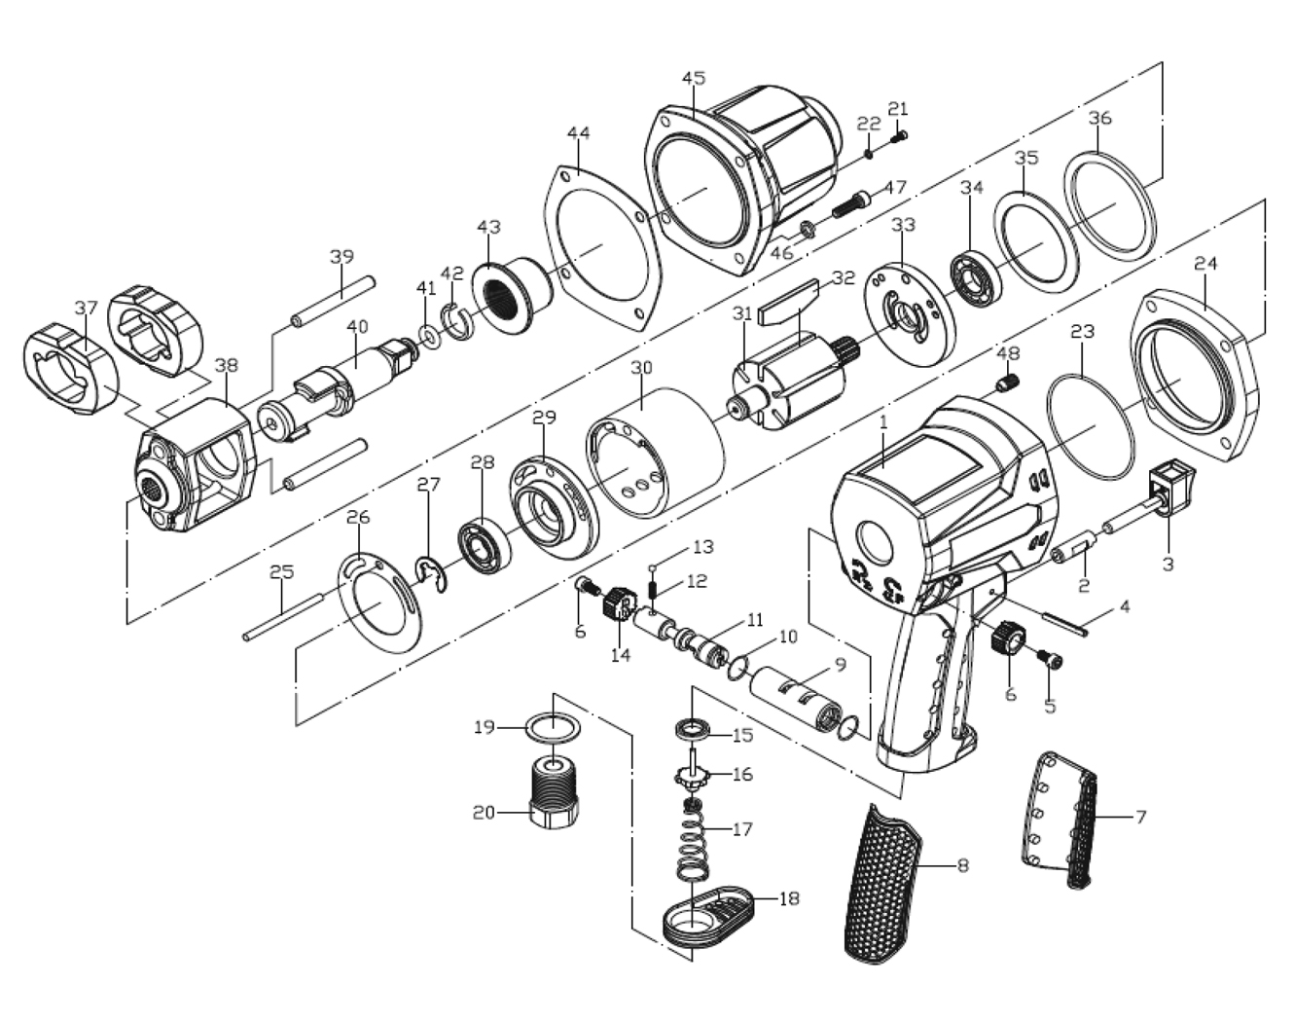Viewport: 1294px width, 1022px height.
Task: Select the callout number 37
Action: [x=87, y=308]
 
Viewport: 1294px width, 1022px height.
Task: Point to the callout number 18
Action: [x=788, y=898]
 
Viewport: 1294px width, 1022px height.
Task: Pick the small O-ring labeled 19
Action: [x=552, y=726]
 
